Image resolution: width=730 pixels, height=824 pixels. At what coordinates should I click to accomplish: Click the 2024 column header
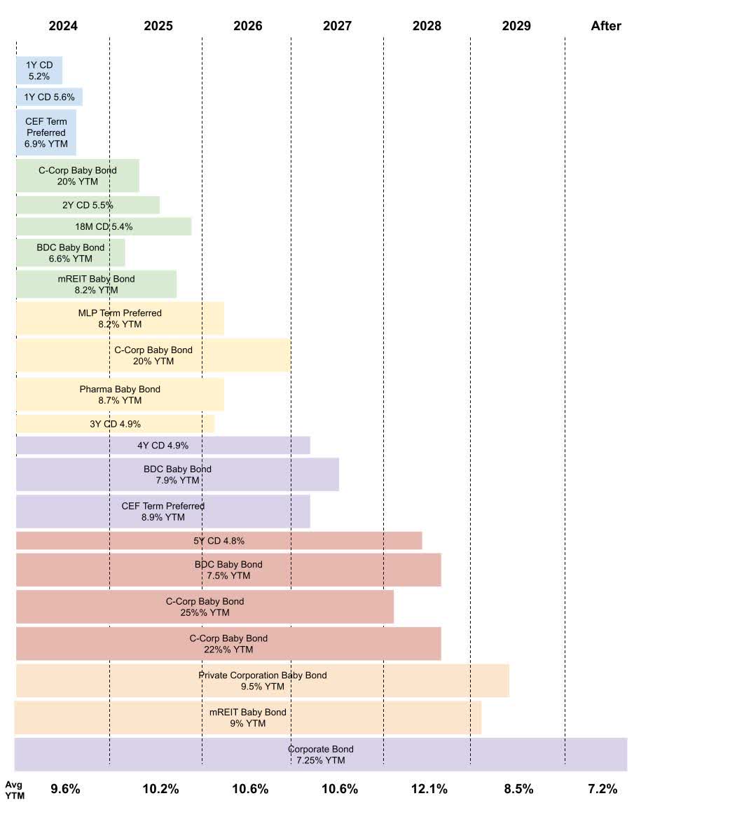point(63,26)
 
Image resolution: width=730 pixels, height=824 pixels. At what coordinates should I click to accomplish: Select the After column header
point(606,26)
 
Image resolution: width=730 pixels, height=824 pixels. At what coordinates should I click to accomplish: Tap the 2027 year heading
point(337,26)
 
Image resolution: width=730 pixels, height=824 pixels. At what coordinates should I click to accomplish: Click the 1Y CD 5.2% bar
point(39,71)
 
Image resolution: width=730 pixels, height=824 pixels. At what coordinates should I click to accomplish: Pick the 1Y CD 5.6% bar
point(49,97)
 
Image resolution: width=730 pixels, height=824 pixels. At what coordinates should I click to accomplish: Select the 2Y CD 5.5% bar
point(88,205)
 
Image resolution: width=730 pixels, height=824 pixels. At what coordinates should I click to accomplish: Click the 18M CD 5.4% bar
point(104,227)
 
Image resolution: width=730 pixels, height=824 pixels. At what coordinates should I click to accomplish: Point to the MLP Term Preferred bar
point(120,319)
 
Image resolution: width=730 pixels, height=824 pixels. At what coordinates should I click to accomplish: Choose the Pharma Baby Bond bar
point(120,394)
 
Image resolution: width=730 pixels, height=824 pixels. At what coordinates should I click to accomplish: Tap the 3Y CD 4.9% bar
point(115,424)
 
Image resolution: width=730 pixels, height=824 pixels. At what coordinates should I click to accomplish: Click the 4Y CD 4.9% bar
point(163,446)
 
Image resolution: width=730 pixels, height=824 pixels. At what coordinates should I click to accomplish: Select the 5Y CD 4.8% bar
point(219,541)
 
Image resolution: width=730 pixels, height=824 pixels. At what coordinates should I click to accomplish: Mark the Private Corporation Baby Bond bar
point(262,681)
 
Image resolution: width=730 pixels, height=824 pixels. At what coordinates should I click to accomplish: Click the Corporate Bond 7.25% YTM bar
point(320,755)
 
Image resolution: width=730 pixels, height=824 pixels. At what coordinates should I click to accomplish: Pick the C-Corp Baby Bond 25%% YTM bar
point(205,607)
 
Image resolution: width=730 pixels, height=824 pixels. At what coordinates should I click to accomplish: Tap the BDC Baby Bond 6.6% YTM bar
point(70,253)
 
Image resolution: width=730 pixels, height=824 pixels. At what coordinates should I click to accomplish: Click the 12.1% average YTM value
point(429,789)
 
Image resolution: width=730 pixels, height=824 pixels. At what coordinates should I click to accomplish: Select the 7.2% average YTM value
point(602,789)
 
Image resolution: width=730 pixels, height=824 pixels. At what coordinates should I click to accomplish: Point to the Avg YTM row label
point(15,790)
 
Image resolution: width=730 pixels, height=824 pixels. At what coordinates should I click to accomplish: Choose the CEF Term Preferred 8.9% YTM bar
point(163,511)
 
